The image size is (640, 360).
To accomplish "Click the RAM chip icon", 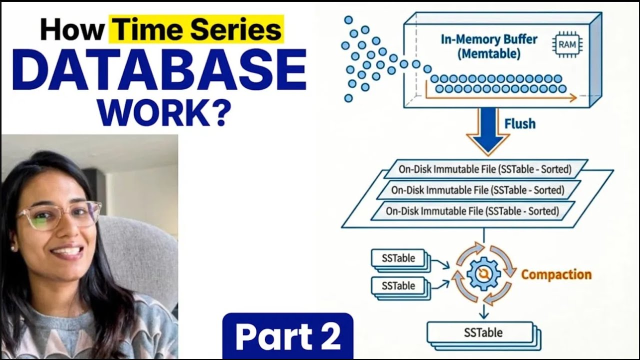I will (x=566, y=44).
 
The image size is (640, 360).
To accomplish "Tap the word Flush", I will (x=520, y=123).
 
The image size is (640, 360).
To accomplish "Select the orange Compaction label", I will (x=556, y=274).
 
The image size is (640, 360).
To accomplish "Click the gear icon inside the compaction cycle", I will (x=483, y=274).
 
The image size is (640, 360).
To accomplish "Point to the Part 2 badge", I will (x=287, y=335).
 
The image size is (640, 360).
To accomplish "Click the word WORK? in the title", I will (x=164, y=113).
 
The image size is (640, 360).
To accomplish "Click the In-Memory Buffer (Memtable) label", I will (x=489, y=46).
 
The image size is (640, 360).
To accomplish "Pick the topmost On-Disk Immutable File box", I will (x=484, y=169).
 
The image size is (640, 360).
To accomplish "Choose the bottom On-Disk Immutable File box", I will (x=472, y=211).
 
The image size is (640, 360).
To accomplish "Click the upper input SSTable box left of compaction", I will (x=398, y=258).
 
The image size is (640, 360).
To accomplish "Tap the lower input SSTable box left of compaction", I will (x=398, y=286).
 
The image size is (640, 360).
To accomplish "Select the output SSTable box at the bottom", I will (x=483, y=332).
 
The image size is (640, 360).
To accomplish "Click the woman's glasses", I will (x=59, y=215).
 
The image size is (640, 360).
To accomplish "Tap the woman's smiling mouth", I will (x=67, y=251).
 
